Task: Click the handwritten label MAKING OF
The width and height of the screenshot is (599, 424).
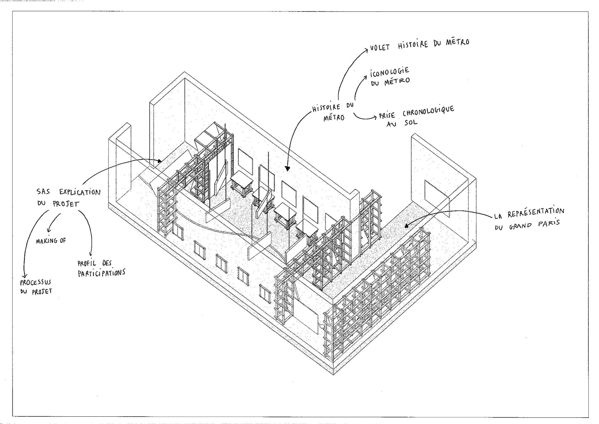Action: [51, 241]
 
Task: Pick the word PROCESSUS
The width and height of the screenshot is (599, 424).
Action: [36, 282]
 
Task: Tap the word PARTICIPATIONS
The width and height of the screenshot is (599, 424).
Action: [101, 273]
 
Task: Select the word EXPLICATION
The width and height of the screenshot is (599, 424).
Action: [80, 192]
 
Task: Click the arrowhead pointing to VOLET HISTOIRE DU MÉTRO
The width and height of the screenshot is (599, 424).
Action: [366, 49]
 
